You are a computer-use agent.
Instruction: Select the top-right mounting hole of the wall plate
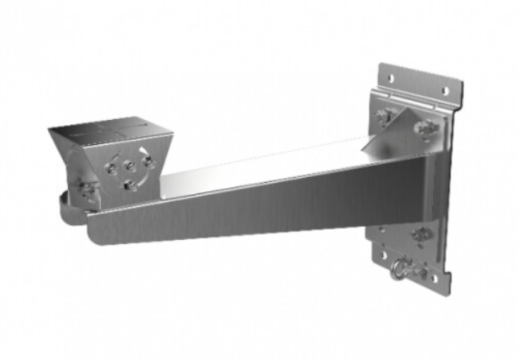coord(444,90)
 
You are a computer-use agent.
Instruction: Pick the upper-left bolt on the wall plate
coord(384,117)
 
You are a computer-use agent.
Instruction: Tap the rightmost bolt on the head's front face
coord(148,161)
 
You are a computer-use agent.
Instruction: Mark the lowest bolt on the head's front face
coord(128,185)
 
